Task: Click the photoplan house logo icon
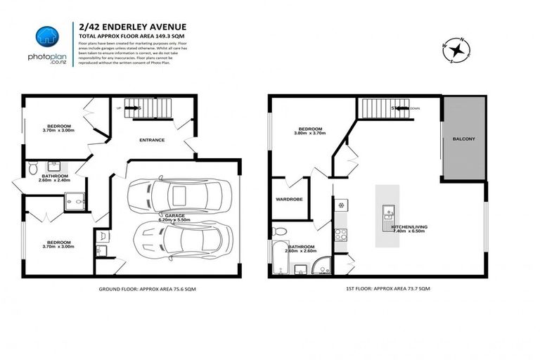(46, 35)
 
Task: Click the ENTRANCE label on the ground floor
(151, 140)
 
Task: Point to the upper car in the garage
(173, 194)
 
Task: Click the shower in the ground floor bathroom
(74, 202)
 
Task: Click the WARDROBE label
(289, 200)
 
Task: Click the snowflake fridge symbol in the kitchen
(342, 205)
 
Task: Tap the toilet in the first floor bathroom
(279, 231)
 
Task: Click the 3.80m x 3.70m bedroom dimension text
(310, 136)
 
